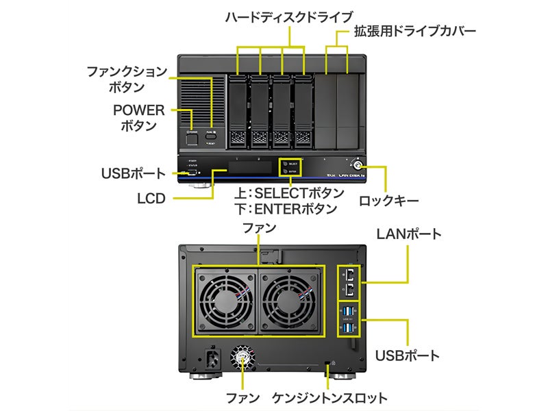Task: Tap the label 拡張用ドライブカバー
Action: (x=414, y=31)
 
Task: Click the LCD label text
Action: (x=151, y=199)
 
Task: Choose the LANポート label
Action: (x=409, y=234)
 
